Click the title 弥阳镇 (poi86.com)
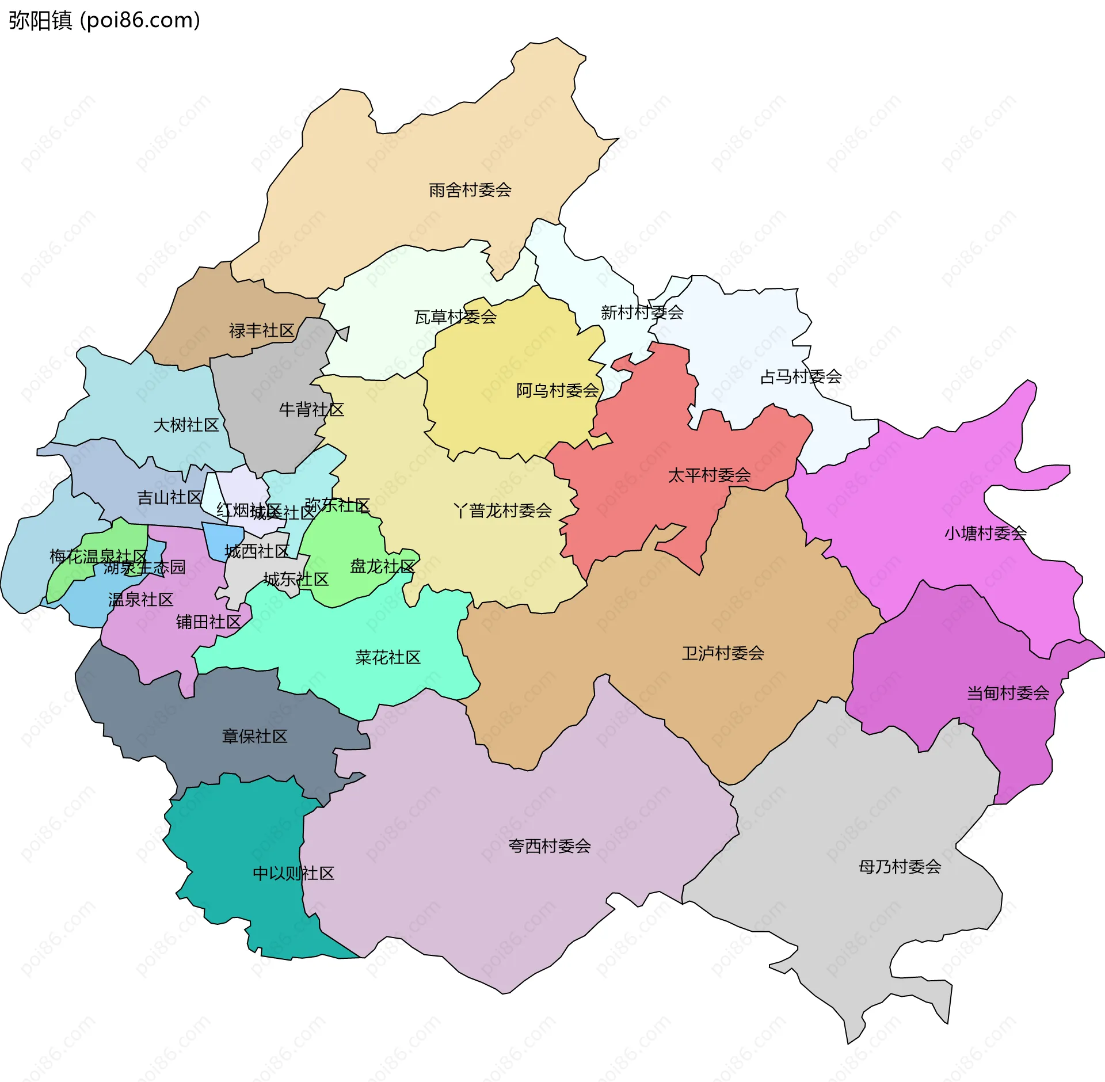pyautogui.click(x=104, y=20)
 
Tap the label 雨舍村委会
pyautogui.click(x=470, y=190)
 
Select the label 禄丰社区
pyautogui.click(x=261, y=330)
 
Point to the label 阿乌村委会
pyautogui.click(x=557, y=391)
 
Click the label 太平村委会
pyautogui.click(x=709, y=475)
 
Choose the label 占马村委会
pyautogui.click(x=801, y=377)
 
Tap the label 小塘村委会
pyautogui.click(x=985, y=534)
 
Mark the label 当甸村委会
pyautogui.click(x=1008, y=693)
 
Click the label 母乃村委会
pyautogui.click(x=900, y=867)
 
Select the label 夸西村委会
pyautogui.click(x=549, y=846)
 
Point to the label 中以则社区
pyautogui.click(x=294, y=874)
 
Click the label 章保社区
pyautogui.click(x=254, y=737)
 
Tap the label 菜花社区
pyautogui.click(x=388, y=657)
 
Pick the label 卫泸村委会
pyautogui.click(x=723, y=653)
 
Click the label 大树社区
pyautogui.click(x=186, y=425)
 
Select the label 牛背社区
pyautogui.click(x=311, y=410)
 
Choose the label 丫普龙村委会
pyautogui.click(x=502, y=510)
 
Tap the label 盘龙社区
pyautogui.click(x=382, y=566)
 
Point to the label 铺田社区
pyautogui.click(x=208, y=622)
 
